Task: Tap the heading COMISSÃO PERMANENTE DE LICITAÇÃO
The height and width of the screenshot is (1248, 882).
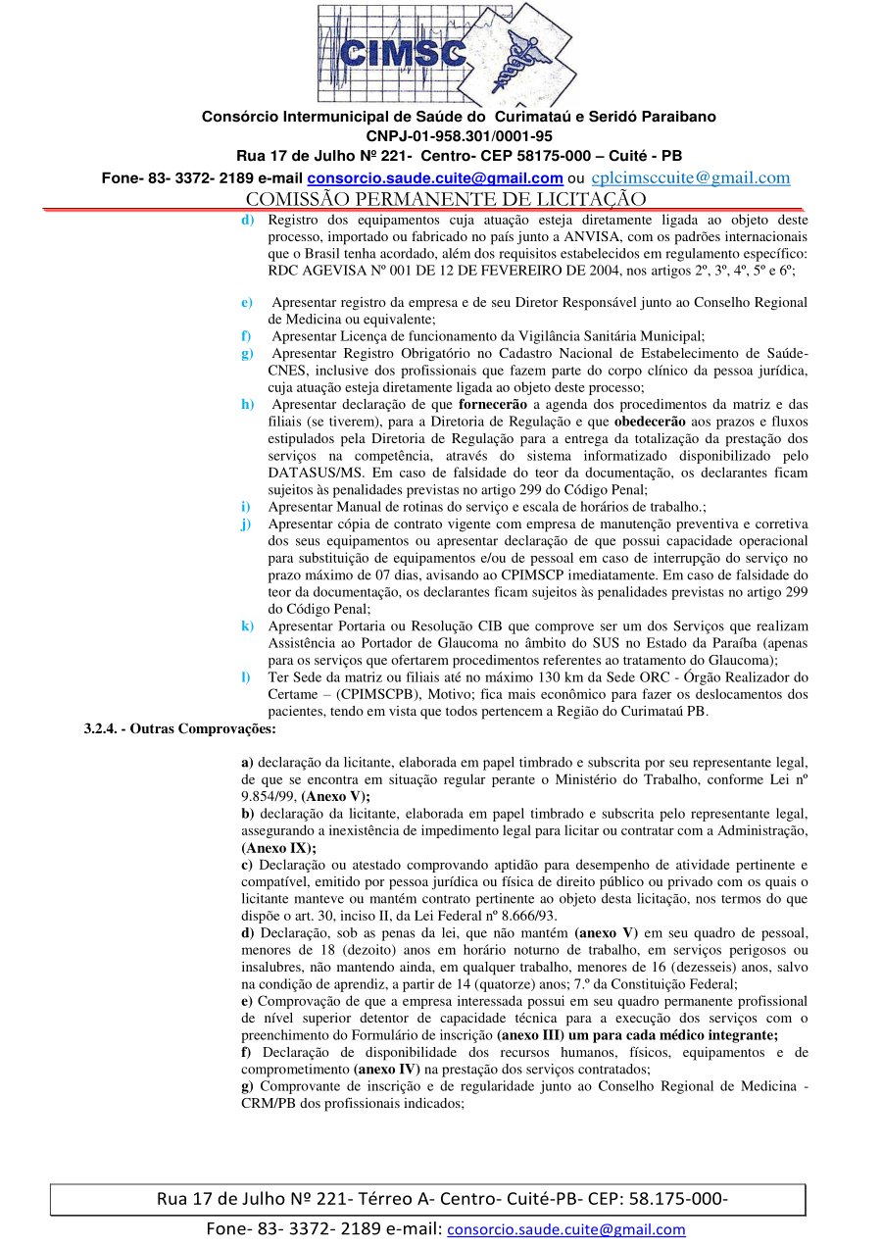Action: point(446,199)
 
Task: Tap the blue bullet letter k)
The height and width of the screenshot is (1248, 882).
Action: point(248,625)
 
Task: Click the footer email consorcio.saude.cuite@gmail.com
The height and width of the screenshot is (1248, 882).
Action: point(566,1229)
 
